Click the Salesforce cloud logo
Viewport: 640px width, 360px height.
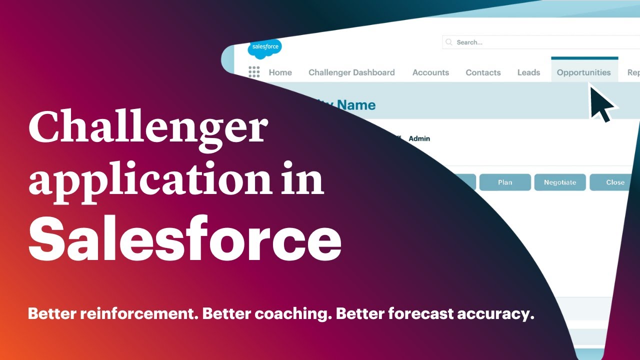264,47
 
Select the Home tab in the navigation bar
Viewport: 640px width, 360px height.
280,72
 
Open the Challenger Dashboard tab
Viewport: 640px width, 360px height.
351,72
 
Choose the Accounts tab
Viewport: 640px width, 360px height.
430,72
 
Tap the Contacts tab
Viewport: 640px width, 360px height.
483,72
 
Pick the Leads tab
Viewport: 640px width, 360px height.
528,72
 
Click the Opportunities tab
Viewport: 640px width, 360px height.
583,72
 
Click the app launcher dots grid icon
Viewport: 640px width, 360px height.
254,72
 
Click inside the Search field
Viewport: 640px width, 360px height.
540,42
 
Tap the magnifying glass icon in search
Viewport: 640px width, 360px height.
449,42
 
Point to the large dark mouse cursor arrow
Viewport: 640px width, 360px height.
601,102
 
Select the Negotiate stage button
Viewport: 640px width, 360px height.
560,182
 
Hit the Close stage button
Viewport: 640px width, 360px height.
615,182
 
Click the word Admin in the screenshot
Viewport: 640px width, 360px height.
419,138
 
